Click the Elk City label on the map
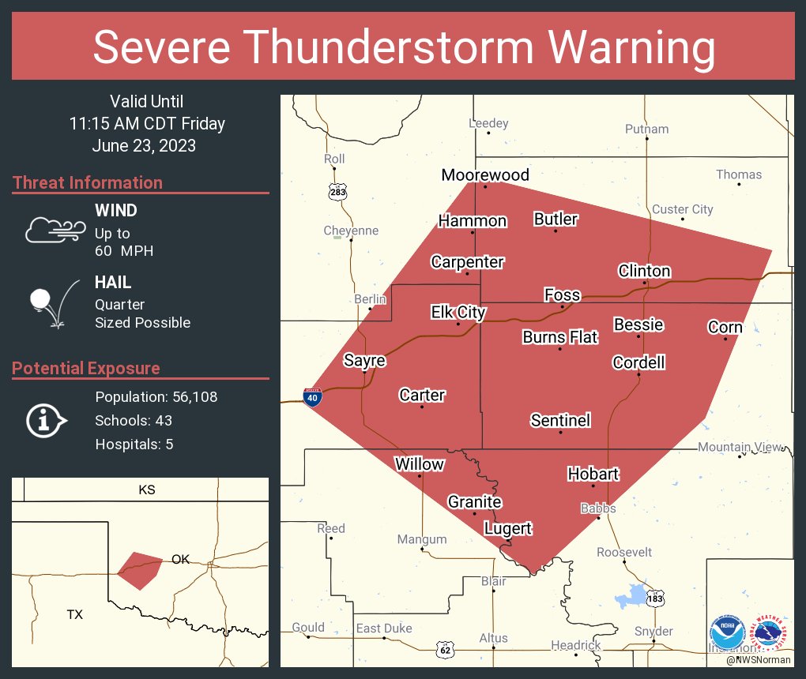[x=458, y=313]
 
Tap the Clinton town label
[x=644, y=271]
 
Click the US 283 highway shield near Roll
[x=338, y=192]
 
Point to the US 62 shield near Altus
[x=446, y=649]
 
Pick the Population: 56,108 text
[x=156, y=397]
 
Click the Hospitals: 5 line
[x=134, y=445]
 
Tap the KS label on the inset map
[x=147, y=490]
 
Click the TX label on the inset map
[x=74, y=613]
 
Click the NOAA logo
[x=726, y=632]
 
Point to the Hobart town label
[x=593, y=474]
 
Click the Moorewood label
[x=485, y=174]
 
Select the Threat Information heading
[x=88, y=182]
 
